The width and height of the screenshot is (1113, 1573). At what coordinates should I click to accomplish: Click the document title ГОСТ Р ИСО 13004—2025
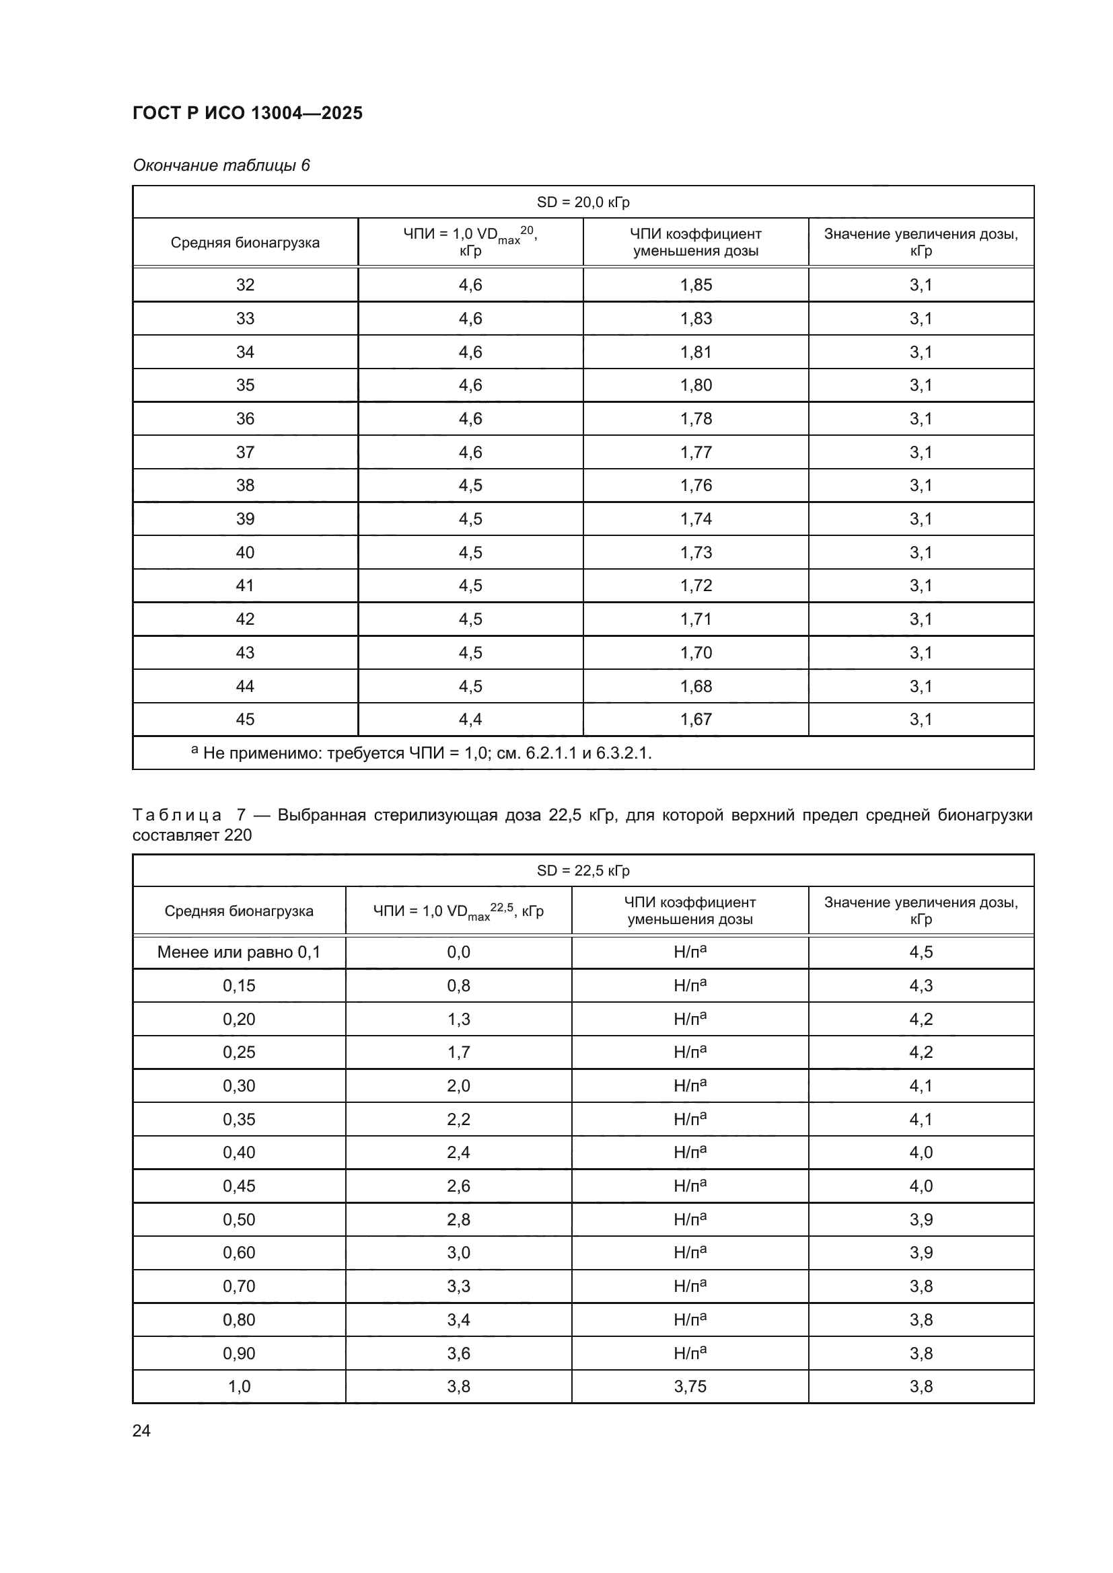pos(248,113)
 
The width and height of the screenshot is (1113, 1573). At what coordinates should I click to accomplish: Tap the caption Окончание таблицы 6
pos(221,165)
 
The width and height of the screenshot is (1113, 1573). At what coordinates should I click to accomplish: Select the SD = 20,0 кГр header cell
pos(583,202)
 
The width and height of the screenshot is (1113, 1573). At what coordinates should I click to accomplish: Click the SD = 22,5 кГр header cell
pos(583,871)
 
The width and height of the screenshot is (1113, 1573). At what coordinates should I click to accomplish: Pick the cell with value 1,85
pos(696,285)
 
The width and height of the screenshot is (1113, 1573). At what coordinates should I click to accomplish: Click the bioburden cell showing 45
pos(245,720)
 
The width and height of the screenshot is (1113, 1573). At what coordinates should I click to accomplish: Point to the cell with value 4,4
pos(470,720)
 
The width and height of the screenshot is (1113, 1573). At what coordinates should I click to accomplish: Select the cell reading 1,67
pos(696,720)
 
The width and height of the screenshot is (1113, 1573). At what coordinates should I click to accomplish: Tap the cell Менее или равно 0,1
pos(238,952)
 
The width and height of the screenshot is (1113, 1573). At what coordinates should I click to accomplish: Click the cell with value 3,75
pos(690,1387)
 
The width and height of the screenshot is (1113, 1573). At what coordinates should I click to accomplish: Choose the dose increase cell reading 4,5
pos(921,952)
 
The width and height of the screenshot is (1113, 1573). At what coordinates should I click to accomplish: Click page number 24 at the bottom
pos(141,1430)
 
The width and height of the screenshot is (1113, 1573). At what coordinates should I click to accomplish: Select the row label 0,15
pos(238,986)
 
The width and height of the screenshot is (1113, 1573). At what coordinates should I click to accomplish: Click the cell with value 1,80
pos(696,385)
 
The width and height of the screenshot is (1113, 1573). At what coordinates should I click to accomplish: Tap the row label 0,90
pos(238,1353)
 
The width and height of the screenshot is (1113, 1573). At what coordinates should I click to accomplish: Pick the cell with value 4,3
pos(921,986)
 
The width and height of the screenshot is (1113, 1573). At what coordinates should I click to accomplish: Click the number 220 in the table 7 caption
pos(238,835)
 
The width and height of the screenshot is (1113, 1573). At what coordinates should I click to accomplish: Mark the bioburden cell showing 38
pos(245,486)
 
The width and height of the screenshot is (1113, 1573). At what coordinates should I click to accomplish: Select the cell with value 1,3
pos(458,1020)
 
